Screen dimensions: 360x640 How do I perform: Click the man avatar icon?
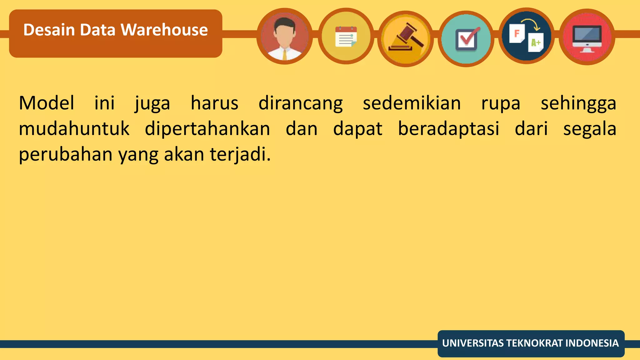tap(284, 37)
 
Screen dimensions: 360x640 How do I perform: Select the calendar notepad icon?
tap(346, 37)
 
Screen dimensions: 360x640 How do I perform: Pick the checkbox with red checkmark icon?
tap(466, 39)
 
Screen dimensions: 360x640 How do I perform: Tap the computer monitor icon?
tap(587, 37)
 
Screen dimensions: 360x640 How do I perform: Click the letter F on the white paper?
tap(517, 33)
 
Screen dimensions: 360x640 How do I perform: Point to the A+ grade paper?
tap(536, 42)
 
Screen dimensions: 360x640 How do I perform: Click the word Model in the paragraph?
tap(47, 103)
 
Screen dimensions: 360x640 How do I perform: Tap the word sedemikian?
tap(412, 103)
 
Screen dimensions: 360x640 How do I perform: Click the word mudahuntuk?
tap(74, 129)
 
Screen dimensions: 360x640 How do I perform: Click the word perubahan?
tap(65, 154)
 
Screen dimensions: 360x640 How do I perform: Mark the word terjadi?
tap(240, 154)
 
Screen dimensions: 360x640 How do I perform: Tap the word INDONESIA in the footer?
tap(592, 343)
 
